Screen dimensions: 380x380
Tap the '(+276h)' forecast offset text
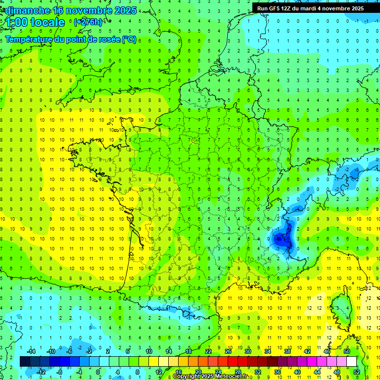click(88, 22)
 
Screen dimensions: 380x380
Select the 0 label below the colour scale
click(98, 372)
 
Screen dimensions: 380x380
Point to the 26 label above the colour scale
click(228, 351)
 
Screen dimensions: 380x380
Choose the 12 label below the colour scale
click(158, 372)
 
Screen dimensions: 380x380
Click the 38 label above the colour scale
click(287, 351)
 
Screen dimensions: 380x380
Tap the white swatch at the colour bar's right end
click(352, 362)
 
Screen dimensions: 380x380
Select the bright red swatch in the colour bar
click(233, 362)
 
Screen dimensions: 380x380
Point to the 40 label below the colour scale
click(297, 372)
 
